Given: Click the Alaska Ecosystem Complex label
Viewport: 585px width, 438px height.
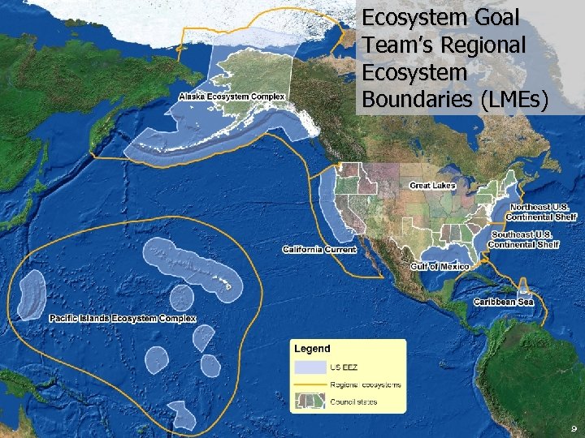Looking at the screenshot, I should tap(232, 97).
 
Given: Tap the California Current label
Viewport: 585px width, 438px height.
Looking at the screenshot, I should tap(319, 249).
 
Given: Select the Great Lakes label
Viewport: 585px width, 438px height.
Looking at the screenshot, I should tap(431, 186).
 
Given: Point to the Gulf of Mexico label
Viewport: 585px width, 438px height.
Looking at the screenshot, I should tap(440, 266).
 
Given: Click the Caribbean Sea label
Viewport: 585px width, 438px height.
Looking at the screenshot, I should tap(504, 302).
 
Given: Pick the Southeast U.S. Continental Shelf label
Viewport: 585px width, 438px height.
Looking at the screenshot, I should tap(523, 239).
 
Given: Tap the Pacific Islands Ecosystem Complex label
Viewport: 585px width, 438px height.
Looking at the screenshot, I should tap(123, 319).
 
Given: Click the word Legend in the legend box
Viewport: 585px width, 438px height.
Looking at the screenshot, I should tap(312, 349).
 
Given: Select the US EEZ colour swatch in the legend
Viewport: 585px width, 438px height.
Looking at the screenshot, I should tap(313, 368).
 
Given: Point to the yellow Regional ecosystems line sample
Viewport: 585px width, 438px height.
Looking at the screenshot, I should tap(313, 384).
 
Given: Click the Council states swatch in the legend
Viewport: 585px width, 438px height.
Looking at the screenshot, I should tap(313, 401).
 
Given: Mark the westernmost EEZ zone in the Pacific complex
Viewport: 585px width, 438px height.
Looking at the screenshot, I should tap(32, 294).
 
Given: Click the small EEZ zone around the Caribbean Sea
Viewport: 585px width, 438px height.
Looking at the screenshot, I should tap(524, 286).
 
